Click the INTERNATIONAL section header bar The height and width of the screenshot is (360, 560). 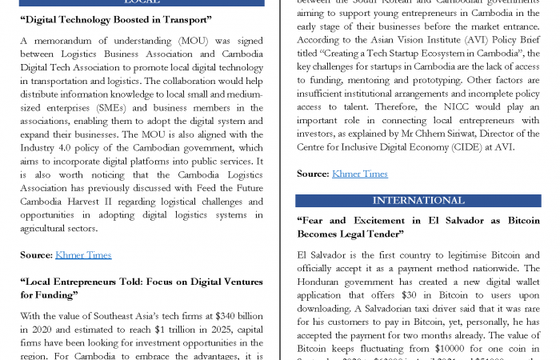418,200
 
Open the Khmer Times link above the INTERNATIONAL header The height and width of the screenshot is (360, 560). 359,174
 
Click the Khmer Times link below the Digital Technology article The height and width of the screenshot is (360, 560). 82,255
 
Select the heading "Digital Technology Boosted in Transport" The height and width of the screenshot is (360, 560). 115,19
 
